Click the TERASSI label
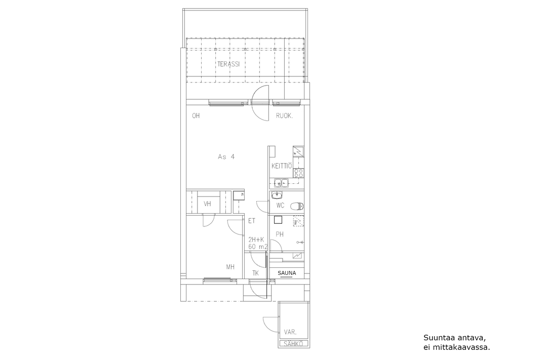tap(228, 64)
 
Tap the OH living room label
tap(196, 115)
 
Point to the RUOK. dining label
tap(284, 116)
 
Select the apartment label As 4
tap(226, 156)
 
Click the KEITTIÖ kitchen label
tap(281, 166)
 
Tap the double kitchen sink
tap(281, 183)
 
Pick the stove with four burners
tap(298, 173)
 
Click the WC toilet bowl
tap(296, 206)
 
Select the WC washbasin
tap(277, 195)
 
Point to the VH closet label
tap(207, 204)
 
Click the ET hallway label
tap(252, 221)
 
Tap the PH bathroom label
tap(280, 234)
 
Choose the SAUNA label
tap(287, 273)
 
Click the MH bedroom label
tap(230, 267)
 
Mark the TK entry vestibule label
tap(255, 273)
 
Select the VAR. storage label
tap(290, 332)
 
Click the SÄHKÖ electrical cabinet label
tap(293, 343)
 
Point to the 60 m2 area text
tap(258, 247)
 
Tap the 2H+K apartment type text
tap(256, 239)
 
